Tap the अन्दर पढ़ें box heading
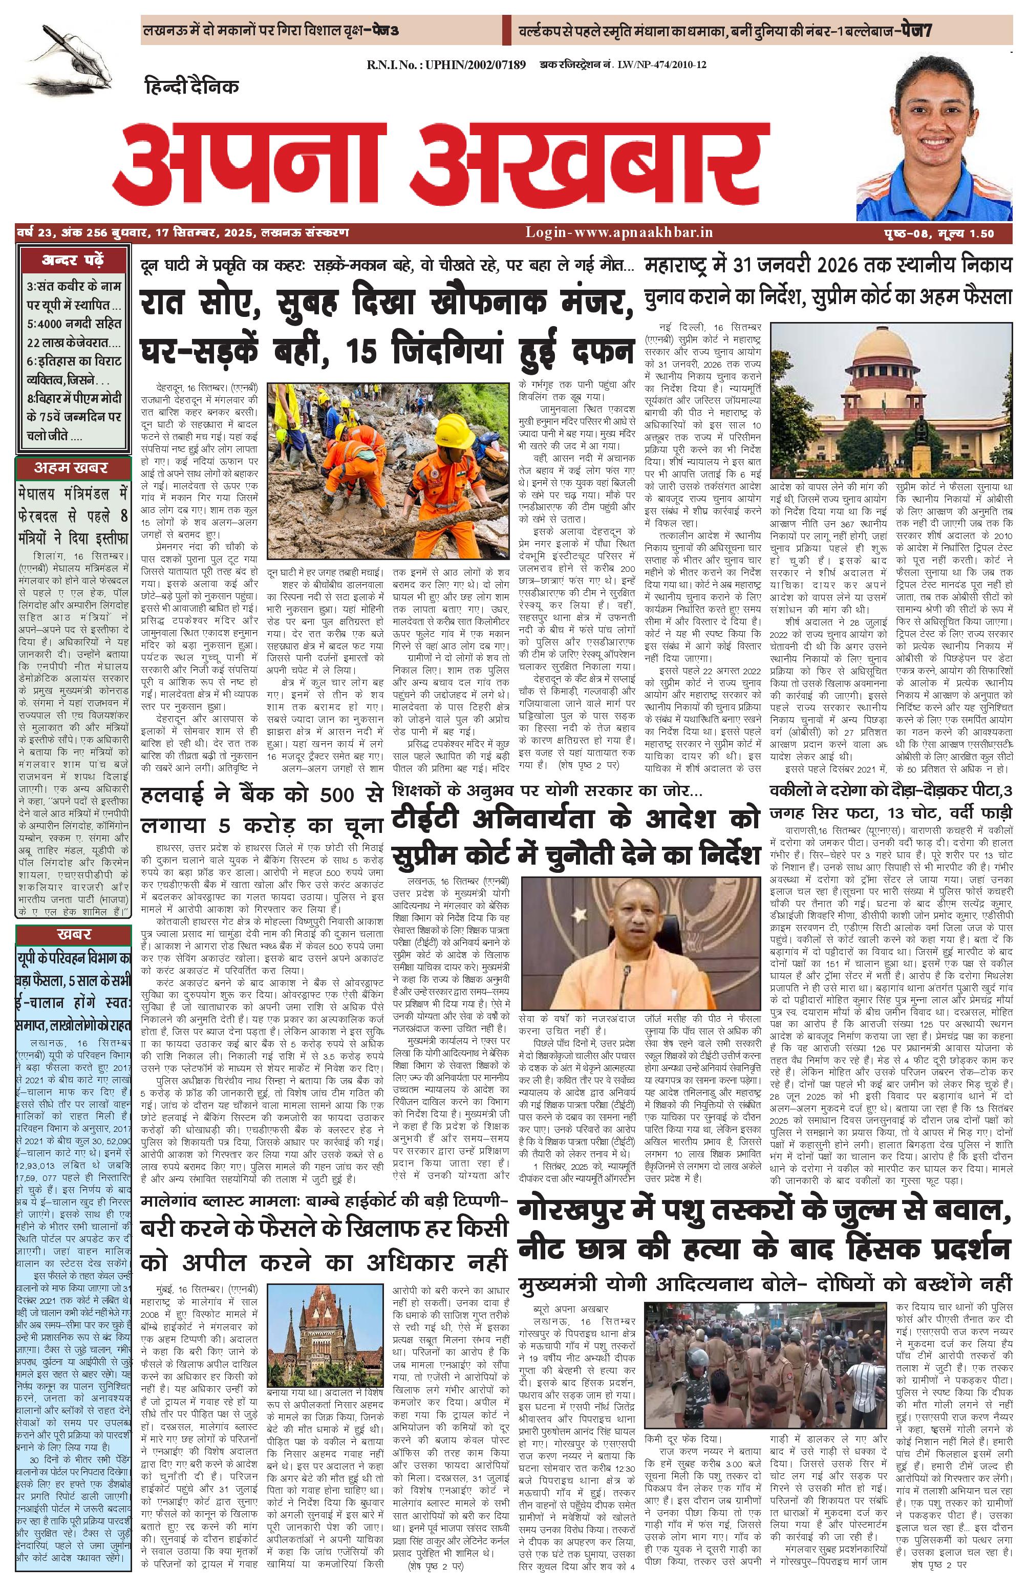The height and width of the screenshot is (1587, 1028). [73, 260]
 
